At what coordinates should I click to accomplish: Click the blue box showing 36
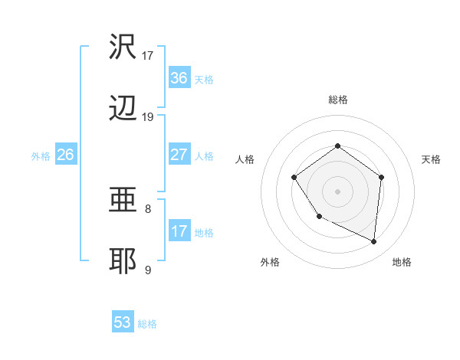(179, 77)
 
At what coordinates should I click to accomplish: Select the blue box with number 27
(179, 155)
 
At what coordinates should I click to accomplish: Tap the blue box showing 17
(179, 231)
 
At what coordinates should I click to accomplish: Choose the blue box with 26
(66, 155)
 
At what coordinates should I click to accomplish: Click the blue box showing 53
(123, 322)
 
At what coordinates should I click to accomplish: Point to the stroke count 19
(148, 116)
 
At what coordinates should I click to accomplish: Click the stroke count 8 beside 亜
(148, 208)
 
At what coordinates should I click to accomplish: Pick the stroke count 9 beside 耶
(148, 270)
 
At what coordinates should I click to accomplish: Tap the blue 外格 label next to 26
(41, 155)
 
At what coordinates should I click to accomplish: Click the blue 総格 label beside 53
(147, 323)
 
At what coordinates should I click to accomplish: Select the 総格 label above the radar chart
(337, 100)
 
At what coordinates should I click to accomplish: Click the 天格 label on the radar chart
(432, 159)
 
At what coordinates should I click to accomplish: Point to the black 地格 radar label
(402, 263)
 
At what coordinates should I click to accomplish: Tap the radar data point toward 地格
(374, 242)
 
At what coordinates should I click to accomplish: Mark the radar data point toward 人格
(294, 178)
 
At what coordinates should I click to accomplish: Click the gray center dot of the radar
(337, 191)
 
